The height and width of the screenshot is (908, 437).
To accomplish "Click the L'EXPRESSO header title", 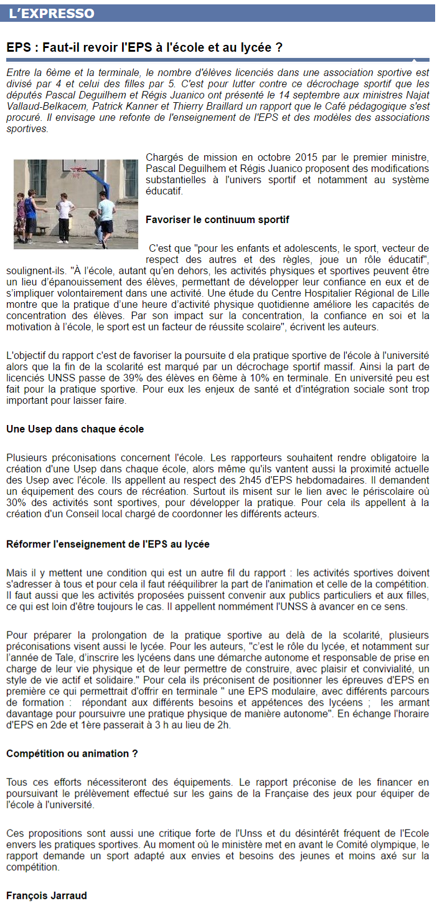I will pyautogui.click(x=52, y=14).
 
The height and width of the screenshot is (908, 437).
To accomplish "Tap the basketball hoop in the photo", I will pyautogui.click(x=78, y=170).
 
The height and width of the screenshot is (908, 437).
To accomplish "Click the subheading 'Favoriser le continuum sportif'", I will pyautogui.click(x=217, y=220).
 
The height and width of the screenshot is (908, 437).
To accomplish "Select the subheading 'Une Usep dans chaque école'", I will pyautogui.click(x=75, y=429).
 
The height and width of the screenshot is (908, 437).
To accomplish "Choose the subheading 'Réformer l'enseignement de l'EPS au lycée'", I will pyautogui.click(x=108, y=544).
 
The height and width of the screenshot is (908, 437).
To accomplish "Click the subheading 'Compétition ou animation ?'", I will pyautogui.click(x=72, y=753).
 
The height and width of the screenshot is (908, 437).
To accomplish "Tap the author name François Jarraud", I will pyautogui.click(x=47, y=896).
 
